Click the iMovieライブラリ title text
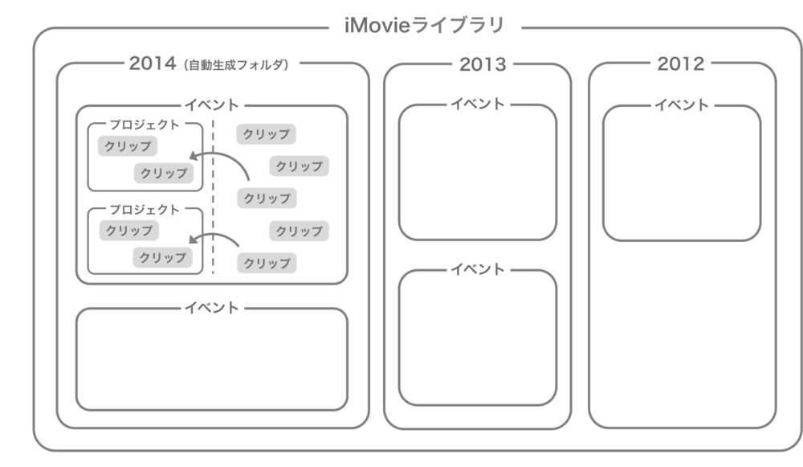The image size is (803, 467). click(424, 26)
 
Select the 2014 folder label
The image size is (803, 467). click(152, 64)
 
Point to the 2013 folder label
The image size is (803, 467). click(483, 64)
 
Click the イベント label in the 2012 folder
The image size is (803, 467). click(682, 104)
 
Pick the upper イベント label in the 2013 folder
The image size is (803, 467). click(477, 104)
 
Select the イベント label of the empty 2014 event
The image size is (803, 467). click(212, 308)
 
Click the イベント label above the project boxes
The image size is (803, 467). click(212, 105)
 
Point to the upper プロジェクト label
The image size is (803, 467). click(145, 125)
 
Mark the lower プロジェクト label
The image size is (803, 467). click(145, 210)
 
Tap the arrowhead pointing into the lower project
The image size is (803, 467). click(194, 240)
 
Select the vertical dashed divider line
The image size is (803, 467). click(213, 201)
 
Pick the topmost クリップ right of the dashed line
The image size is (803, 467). click(266, 134)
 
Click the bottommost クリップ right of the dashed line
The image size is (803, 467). click(267, 263)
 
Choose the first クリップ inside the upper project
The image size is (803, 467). click(128, 146)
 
